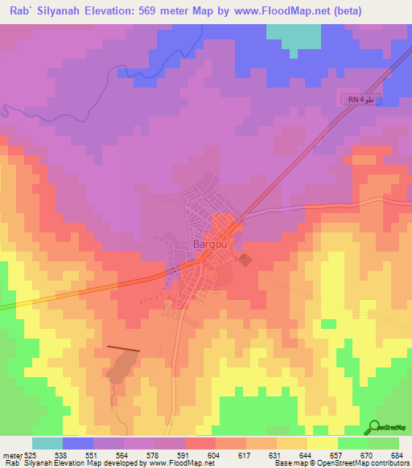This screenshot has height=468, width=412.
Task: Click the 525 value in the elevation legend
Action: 31,454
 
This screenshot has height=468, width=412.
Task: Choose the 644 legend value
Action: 307,454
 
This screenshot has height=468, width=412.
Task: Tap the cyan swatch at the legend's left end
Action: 47,443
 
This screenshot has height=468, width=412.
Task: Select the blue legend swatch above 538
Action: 77,443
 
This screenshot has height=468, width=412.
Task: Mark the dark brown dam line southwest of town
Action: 122,349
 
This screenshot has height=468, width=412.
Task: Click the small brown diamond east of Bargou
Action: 244,259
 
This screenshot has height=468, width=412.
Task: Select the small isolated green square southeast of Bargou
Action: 328,324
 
